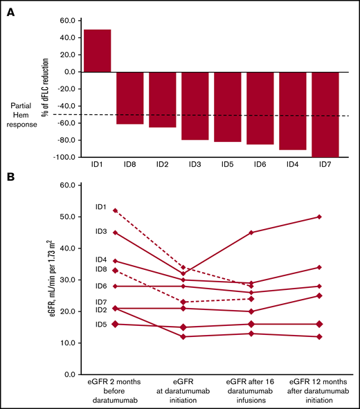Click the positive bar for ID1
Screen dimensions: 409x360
[x=96, y=51]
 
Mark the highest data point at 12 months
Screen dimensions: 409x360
[x=318, y=217]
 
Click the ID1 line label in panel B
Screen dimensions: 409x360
[x=100, y=206]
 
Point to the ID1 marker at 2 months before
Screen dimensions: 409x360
[x=114, y=210]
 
